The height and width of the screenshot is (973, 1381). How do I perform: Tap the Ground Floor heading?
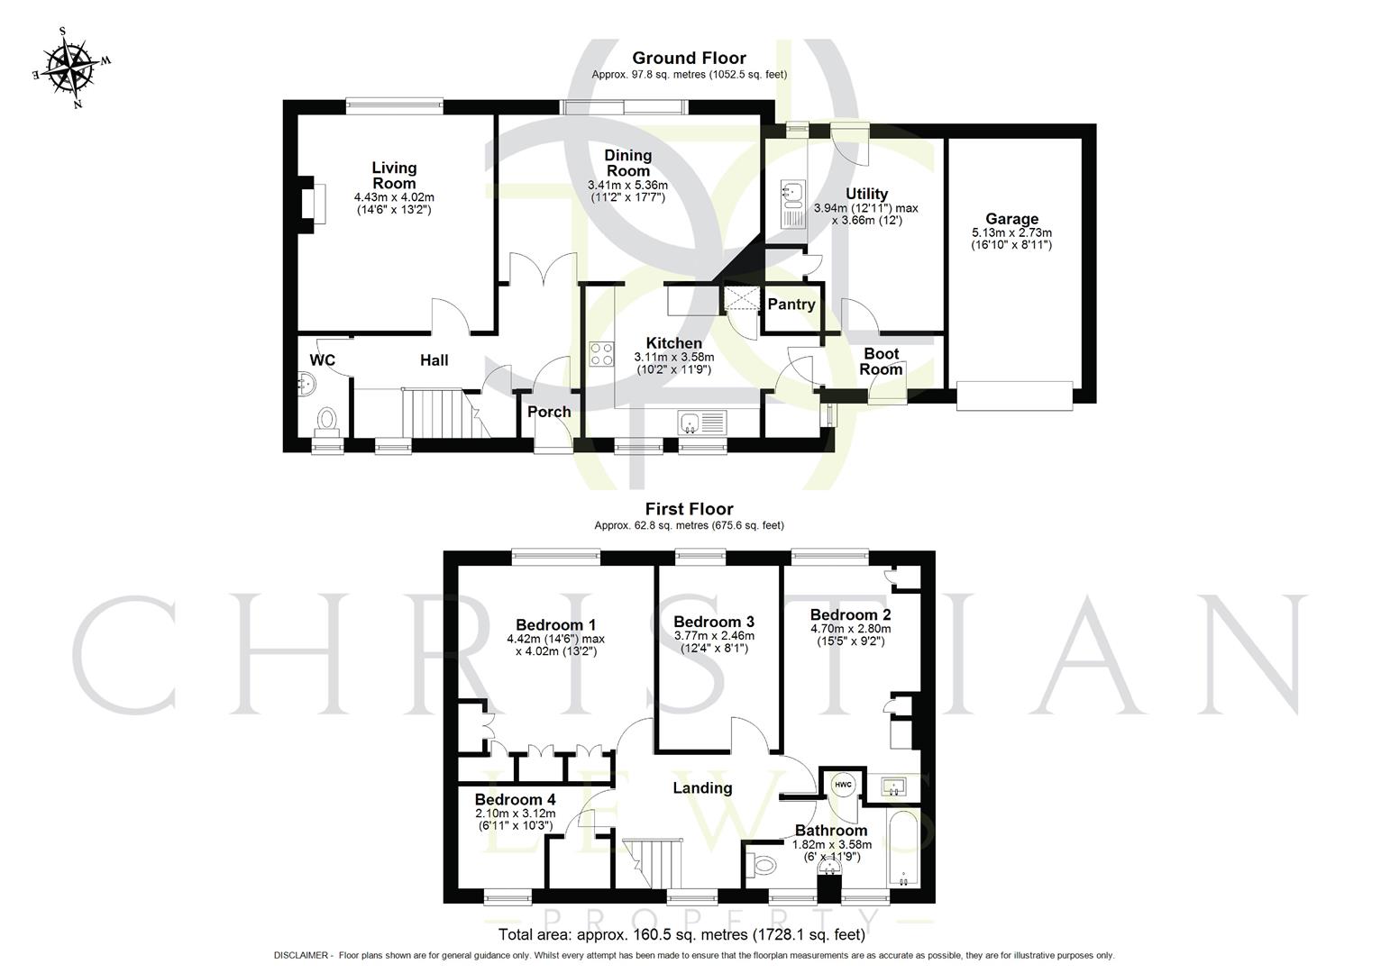(689, 59)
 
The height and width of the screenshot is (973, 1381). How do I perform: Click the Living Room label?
(394, 175)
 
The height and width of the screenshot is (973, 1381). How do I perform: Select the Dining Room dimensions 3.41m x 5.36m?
(627, 185)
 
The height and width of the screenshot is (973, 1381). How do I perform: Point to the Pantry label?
(791, 305)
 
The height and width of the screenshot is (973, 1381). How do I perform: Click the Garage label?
(1011, 219)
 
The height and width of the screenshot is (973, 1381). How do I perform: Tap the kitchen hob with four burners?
(601, 354)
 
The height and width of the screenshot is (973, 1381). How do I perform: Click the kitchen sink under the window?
(702, 421)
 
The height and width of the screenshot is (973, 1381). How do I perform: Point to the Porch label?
(549, 412)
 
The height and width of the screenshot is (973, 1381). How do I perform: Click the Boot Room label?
(881, 361)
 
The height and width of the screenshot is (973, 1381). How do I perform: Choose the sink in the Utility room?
(792, 192)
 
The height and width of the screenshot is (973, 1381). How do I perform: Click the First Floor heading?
(689, 509)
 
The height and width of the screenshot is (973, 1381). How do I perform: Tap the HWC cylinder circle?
(843, 785)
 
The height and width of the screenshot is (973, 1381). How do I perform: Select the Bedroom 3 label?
(713, 622)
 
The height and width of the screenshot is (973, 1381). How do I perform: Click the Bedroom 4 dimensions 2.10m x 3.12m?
(515, 814)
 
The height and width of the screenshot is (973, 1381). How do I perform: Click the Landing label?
(702, 788)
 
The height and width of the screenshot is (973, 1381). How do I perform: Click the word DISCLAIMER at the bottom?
(302, 955)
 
